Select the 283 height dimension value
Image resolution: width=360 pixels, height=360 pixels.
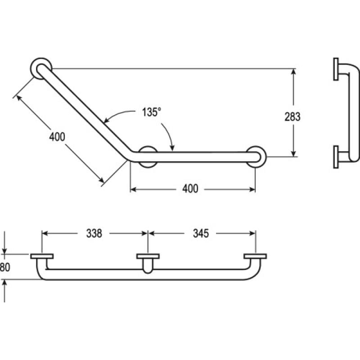click(292, 117)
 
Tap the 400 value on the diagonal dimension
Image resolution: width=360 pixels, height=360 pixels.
click(57, 136)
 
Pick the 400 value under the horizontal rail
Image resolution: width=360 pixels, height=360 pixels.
click(190, 189)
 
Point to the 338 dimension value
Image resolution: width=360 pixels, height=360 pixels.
click(94, 233)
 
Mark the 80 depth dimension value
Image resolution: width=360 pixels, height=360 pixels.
click(4, 267)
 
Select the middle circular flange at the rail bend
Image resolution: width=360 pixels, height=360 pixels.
click(148, 157)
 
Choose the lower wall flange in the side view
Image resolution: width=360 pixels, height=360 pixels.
click(336, 157)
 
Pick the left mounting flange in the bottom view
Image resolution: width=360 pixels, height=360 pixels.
click(42, 257)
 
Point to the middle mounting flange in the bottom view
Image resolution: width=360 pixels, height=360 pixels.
click(148, 257)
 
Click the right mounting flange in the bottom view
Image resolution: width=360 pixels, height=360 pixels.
click(255, 257)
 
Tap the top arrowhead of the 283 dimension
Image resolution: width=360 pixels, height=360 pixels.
click(293, 72)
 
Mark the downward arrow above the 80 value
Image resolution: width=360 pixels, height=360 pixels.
click(4, 250)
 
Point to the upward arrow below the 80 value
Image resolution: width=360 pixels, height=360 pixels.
click(4, 283)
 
